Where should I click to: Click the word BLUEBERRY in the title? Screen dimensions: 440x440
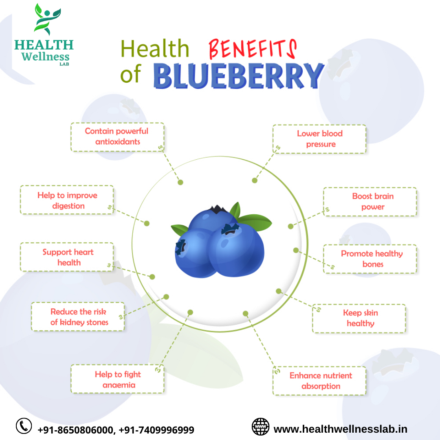[238, 75]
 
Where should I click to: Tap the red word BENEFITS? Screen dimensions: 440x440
[253, 49]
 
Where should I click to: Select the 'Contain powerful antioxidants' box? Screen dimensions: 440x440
[117, 137]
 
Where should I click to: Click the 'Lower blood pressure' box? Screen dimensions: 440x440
[319, 139]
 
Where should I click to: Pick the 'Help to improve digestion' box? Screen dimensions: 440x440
[67, 200]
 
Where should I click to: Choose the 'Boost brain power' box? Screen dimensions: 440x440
[370, 202]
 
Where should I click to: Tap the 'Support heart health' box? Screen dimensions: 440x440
[67, 257]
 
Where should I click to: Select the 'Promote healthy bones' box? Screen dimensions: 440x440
[370, 259]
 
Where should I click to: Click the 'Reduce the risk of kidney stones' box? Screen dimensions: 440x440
[78, 317]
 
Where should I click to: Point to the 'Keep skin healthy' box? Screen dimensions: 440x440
[359, 319]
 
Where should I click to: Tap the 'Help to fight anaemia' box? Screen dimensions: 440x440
[117, 379]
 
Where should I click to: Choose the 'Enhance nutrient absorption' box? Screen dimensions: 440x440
[319, 381]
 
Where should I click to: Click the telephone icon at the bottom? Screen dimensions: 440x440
[24, 426]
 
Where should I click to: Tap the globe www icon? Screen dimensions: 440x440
[260, 427]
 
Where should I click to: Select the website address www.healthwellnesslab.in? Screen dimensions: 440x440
[340, 429]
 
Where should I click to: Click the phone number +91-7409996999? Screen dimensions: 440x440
[156, 430]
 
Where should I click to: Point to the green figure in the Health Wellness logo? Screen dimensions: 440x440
[46, 19]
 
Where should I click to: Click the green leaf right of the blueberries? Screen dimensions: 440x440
[255, 222]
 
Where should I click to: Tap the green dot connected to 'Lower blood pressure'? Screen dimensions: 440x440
[255, 180]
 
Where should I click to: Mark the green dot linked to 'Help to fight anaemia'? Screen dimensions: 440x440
[190, 312]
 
